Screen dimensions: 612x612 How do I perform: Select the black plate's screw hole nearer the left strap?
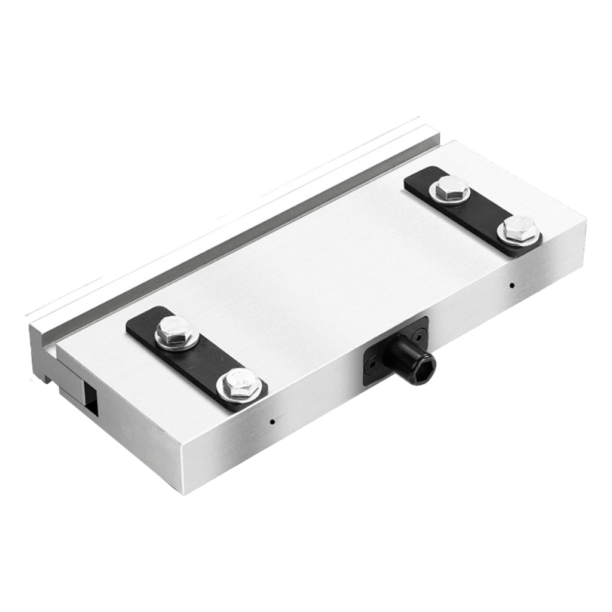click(x=372, y=362)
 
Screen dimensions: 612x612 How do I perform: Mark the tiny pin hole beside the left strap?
click(x=272, y=421)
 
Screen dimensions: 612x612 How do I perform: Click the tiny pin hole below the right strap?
click(x=511, y=284)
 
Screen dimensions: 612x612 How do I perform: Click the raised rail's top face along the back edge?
click(x=239, y=221)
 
